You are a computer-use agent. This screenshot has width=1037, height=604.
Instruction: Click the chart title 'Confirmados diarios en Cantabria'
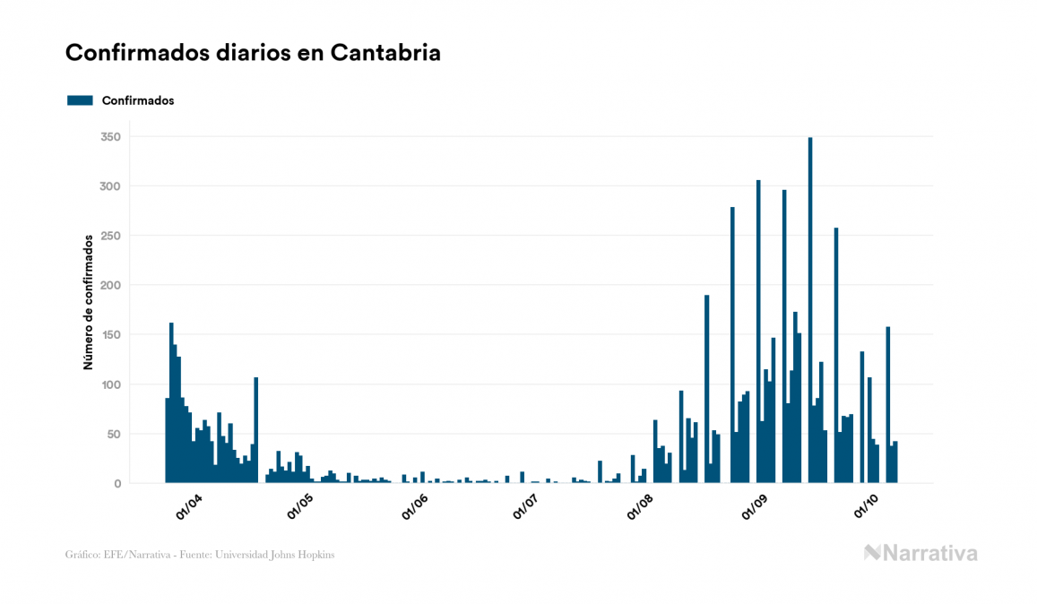pos(253,53)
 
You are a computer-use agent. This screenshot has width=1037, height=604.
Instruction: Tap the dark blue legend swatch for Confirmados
pos(80,100)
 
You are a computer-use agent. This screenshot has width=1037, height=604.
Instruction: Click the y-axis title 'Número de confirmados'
pos(89,302)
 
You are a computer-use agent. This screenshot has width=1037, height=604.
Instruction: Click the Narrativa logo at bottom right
pos(920,553)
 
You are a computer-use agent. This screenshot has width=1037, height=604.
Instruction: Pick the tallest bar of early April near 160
pos(171,403)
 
